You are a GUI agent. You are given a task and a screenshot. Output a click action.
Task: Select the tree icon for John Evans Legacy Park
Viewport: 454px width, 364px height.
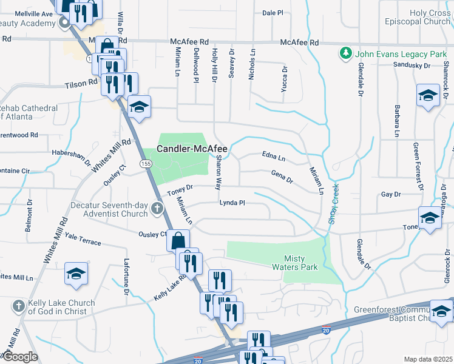pyautogui.click(x=346, y=53)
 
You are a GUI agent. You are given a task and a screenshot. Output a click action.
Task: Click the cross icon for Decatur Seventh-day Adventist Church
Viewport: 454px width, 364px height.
pyautogui.click(x=157, y=209)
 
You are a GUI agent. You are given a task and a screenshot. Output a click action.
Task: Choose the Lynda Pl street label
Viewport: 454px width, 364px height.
pyautogui.click(x=232, y=203)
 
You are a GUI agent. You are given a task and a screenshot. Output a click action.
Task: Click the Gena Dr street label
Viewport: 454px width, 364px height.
pyautogui.click(x=282, y=177)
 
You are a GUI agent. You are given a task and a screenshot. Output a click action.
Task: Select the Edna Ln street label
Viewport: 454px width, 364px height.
pyautogui.click(x=274, y=157)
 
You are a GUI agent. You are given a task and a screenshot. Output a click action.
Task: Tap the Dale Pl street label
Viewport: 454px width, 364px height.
pyautogui.click(x=273, y=12)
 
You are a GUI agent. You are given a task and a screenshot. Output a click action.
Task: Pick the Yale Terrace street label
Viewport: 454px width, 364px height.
pyautogui.click(x=83, y=239)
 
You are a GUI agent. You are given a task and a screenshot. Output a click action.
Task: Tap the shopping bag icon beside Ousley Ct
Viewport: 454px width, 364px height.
pyautogui.click(x=178, y=240)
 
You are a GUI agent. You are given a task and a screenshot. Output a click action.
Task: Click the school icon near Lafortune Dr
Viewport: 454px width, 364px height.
pyautogui.click(x=76, y=274)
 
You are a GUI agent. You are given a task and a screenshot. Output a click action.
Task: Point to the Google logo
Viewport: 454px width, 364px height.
pyautogui.click(x=20, y=357)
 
